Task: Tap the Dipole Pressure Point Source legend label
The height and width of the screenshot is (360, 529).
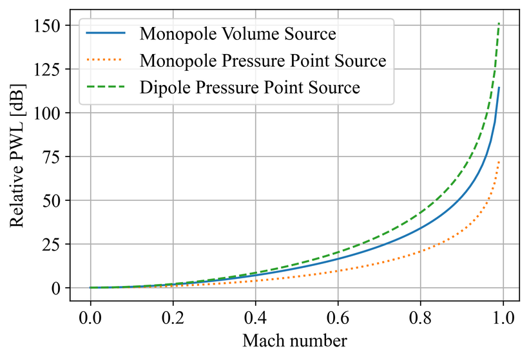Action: pos(249,88)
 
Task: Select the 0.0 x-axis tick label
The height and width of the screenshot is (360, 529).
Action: pos(90,317)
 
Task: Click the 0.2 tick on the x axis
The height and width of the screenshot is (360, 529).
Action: pos(173,317)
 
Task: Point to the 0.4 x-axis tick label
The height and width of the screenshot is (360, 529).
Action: pos(255,317)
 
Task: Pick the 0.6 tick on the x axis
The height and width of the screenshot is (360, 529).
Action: pos(338,317)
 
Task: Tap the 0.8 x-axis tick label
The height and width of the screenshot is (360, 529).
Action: pos(420,317)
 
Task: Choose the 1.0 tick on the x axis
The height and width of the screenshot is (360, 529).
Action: pos(503,317)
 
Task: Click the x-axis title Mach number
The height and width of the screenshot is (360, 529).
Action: pos(296,340)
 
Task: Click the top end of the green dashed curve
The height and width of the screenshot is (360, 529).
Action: pos(499,24)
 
